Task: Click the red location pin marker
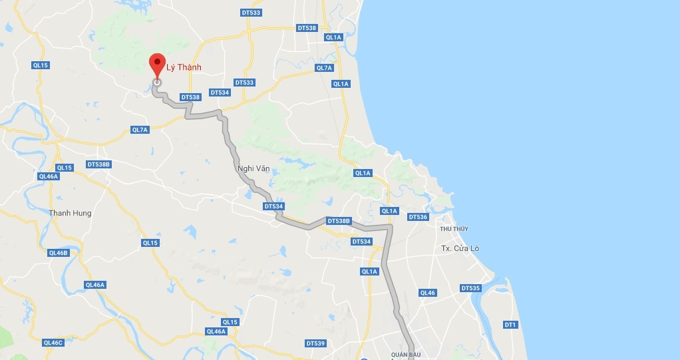pos(157,65)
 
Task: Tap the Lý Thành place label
pos(184,67)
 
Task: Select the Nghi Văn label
pos(254,168)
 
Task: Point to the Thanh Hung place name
pos(70,213)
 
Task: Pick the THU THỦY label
pos(454,229)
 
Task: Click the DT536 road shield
pos(418,217)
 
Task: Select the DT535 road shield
pos(470,288)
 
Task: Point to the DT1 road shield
pos(510,325)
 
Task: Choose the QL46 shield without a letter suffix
pos(427,293)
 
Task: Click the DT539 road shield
pos(316,343)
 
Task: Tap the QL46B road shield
pos(59,253)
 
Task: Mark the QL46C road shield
pos(53,343)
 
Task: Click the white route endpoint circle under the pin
pos(157,83)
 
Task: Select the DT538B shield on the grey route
pos(338,221)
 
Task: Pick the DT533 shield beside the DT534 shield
pos(244,83)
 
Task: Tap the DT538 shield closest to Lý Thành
pos(190,97)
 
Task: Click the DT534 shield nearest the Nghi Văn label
pos(273,206)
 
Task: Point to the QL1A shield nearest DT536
pos(389,211)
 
